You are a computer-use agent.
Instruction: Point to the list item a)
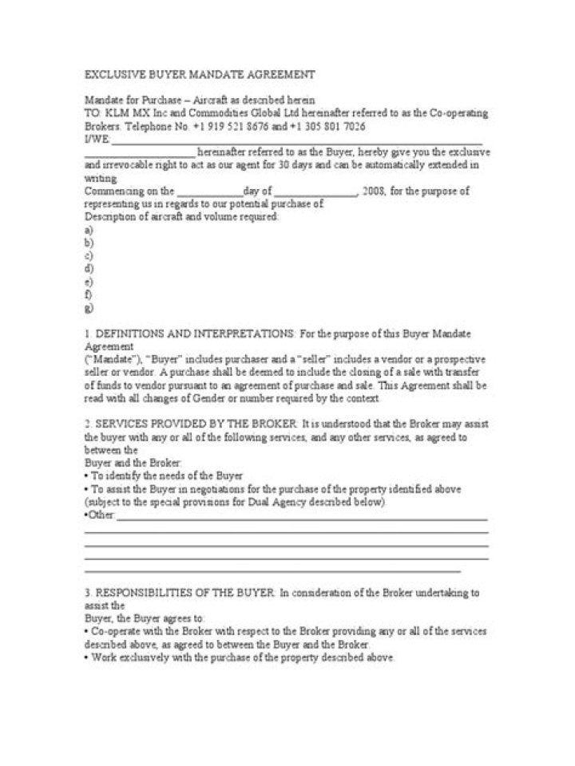point(89,230)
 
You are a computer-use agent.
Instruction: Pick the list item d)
point(89,269)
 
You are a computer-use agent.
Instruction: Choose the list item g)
point(89,308)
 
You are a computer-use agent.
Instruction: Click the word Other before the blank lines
point(101,516)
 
